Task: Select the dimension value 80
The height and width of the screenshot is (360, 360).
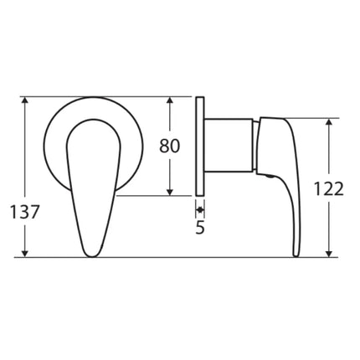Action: coord(170,146)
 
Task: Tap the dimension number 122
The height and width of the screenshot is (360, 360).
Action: coord(329,189)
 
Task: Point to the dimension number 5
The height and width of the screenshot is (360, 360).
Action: coord(200,226)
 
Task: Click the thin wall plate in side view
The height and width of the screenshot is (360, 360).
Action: coord(200,146)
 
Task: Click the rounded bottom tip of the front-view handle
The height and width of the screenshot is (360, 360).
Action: coord(91,250)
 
